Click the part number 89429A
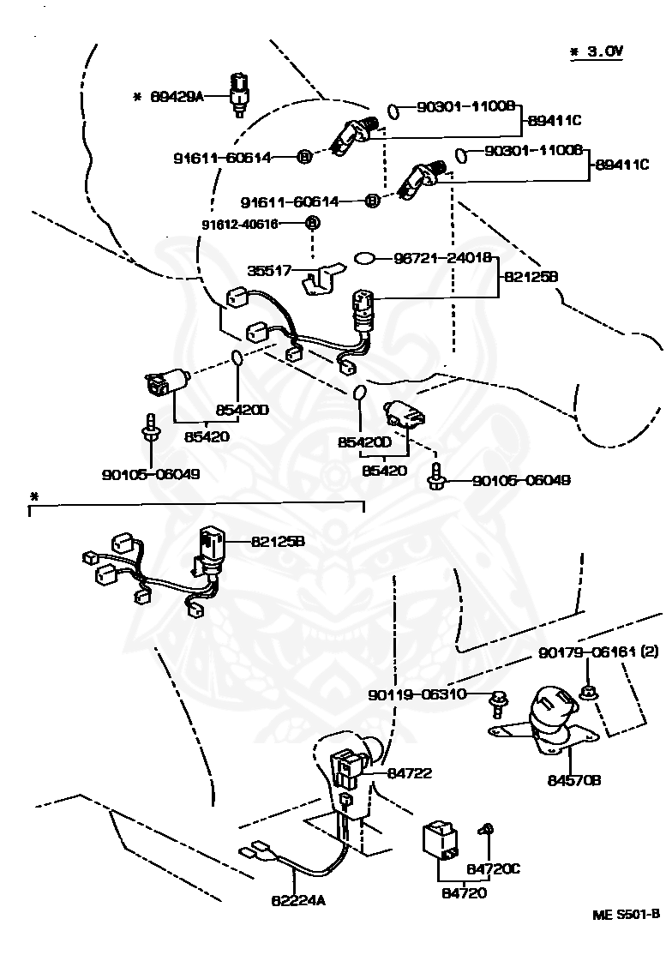tap(177, 97)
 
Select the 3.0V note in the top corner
tap(597, 51)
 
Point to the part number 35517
tap(269, 270)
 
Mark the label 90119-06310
tap(417, 694)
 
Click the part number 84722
tap(410, 773)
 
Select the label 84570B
tap(574, 780)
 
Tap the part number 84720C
tap(494, 869)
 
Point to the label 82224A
tap(298, 900)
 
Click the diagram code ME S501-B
tap(626, 914)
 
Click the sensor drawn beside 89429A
tap(238, 94)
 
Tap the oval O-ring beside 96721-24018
tap(365, 259)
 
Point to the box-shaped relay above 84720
tap(440, 839)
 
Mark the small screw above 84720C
tap(485, 830)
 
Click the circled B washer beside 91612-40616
tap(312, 223)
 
